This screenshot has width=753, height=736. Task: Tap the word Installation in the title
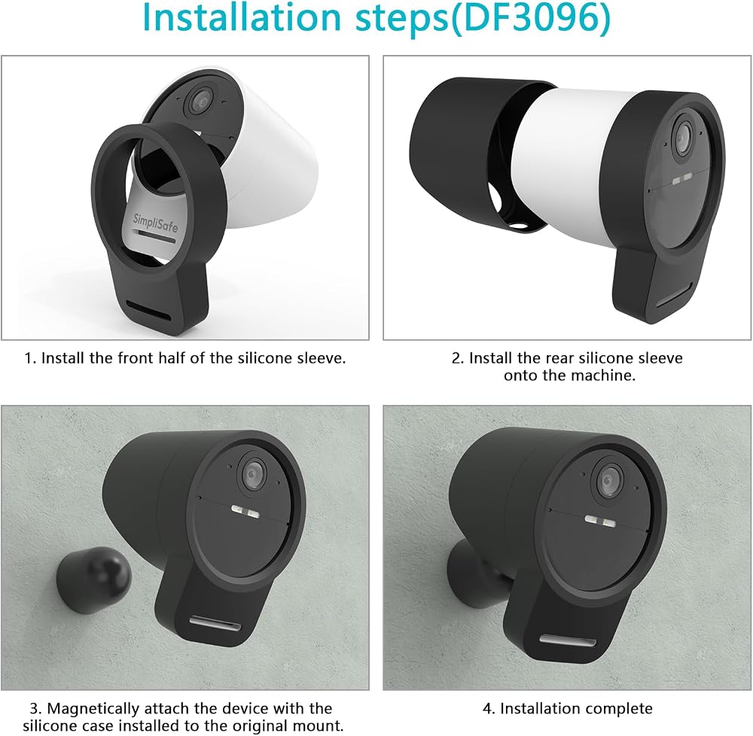(242, 18)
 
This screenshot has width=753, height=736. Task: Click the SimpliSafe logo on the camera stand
(155, 223)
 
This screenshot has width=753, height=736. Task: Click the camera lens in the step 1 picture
(198, 100)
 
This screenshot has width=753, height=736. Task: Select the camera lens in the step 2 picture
(682, 135)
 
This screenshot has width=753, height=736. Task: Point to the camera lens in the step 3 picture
(254, 473)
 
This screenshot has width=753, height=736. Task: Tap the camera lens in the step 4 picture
(608, 481)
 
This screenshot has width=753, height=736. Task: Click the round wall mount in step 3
(93, 580)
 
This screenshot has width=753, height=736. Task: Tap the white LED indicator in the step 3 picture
(245, 512)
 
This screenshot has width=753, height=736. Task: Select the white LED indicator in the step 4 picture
(600, 521)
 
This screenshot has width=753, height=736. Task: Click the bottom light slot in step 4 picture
(568, 640)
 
